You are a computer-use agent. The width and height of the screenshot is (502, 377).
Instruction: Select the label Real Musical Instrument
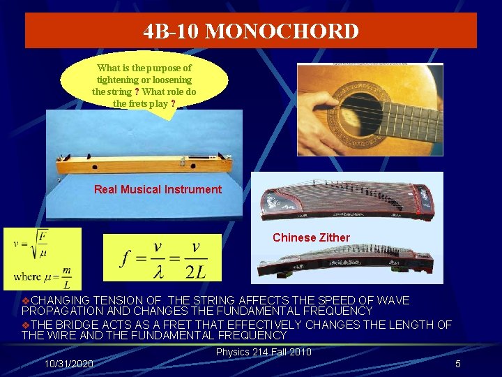coord(158,189)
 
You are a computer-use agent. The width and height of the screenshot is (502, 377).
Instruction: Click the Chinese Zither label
coord(311,237)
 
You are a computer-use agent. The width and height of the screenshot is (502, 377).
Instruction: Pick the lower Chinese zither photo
coord(347,263)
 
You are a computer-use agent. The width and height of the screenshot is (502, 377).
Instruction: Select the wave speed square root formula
coord(42,258)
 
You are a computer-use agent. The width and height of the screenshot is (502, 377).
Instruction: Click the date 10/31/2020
coord(68,364)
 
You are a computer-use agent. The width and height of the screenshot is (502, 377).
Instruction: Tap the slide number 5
coord(458,364)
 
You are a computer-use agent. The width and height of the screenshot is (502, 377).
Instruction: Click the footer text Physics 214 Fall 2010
coord(264,352)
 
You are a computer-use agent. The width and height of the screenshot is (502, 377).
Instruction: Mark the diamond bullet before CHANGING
coord(26,300)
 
